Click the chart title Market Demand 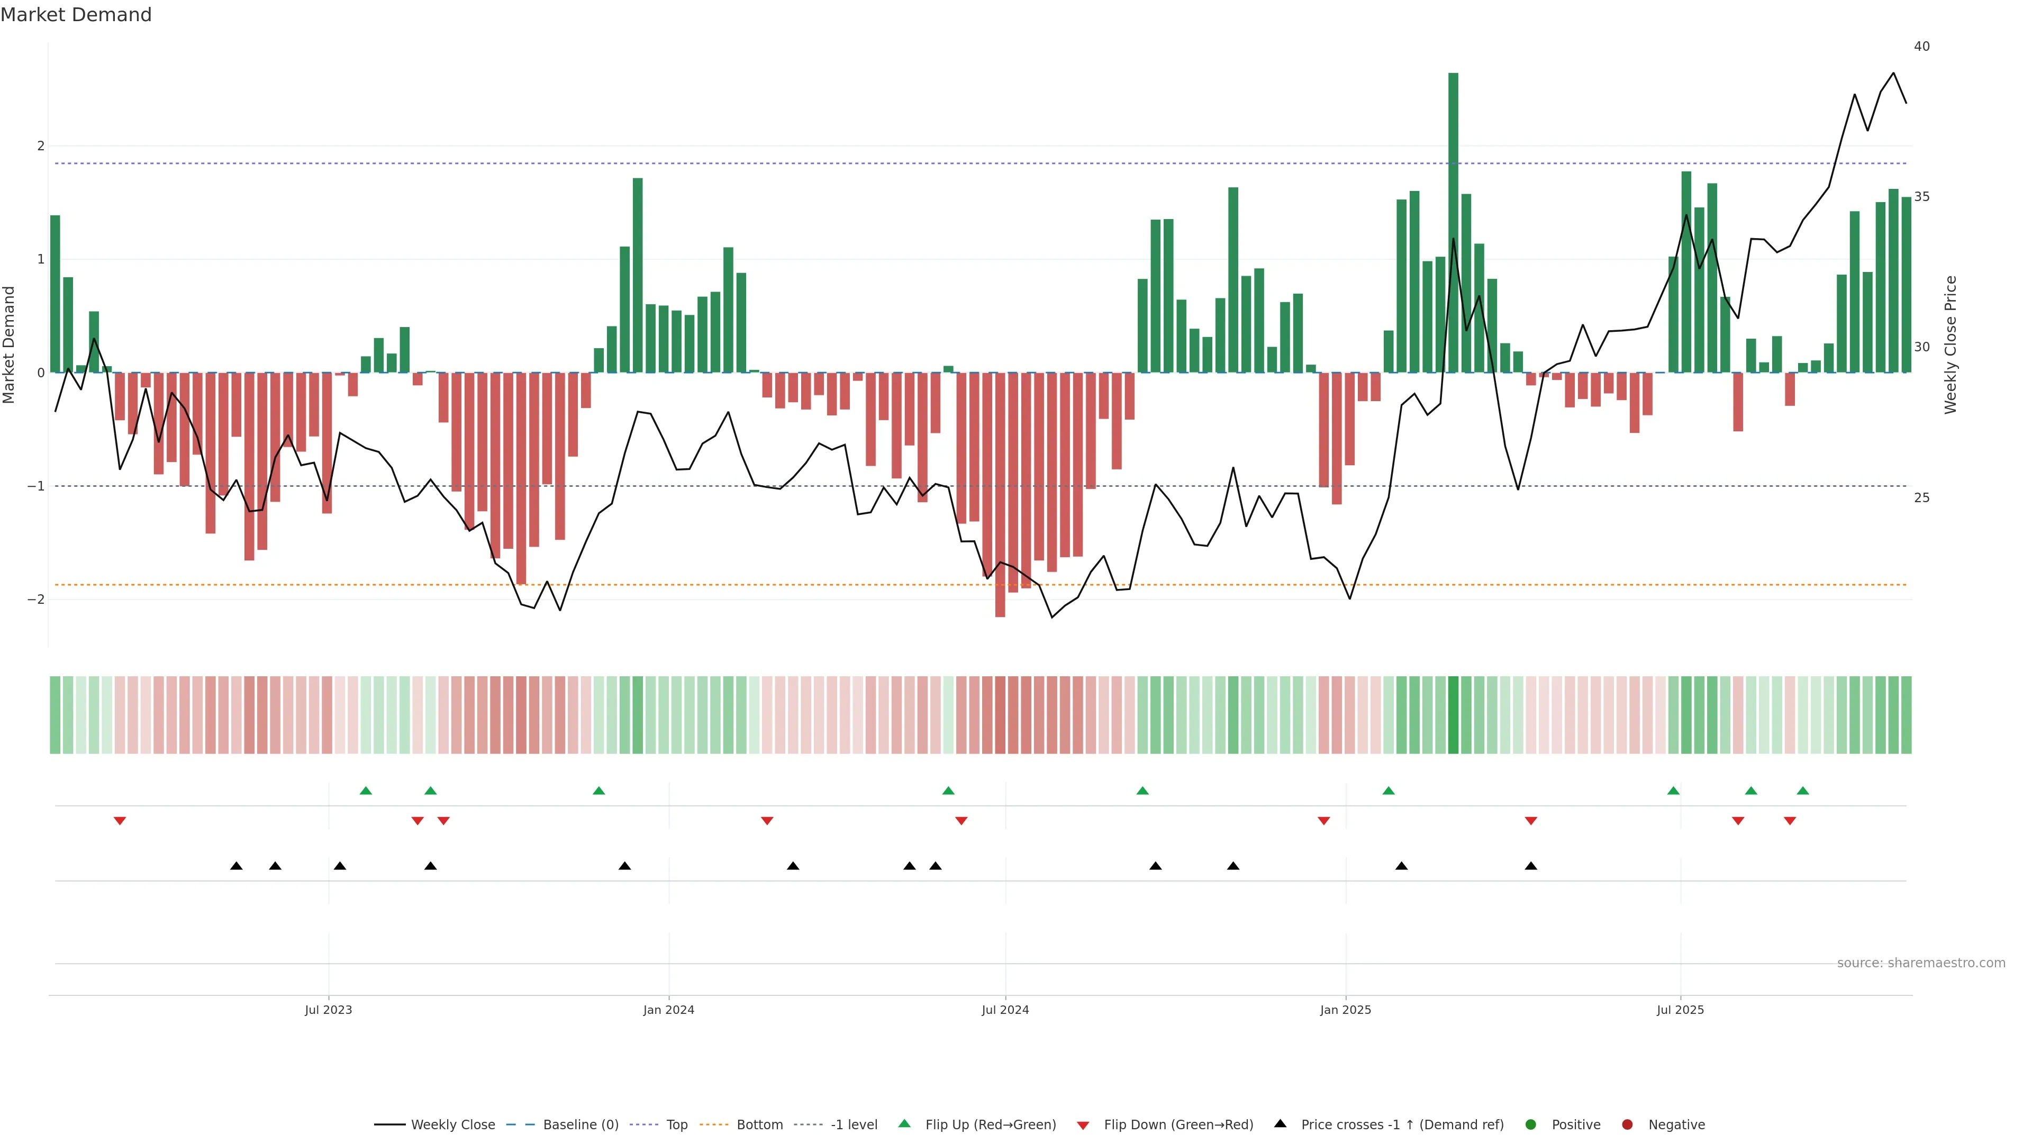point(76,15)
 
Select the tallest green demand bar point(1453,221)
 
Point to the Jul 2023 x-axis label point(328,1010)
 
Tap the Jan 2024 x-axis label point(668,1010)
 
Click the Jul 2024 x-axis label point(1005,1010)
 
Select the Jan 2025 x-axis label point(1345,1010)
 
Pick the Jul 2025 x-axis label point(1680,1010)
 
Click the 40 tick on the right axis point(1921,47)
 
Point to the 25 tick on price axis point(1921,498)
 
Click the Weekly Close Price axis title point(1951,344)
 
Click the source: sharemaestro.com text point(1921,963)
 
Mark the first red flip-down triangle point(120,821)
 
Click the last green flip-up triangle point(1802,791)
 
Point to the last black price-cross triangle point(1531,866)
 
